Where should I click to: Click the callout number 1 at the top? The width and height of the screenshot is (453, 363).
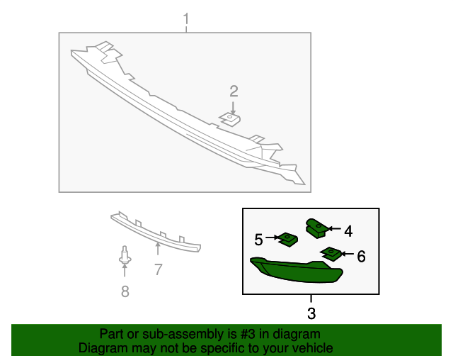[x=186, y=18]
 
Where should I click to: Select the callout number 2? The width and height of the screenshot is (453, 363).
[x=234, y=91]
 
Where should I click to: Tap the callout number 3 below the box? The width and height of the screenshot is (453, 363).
[x=311, y=313]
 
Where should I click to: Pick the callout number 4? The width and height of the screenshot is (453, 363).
[x=348, y=230]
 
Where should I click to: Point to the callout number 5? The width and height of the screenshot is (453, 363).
[x=258, y=239]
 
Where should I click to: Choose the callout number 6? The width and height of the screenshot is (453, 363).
[x=361, y=256]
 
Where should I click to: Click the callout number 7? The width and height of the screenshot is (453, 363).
[x=158, y=269]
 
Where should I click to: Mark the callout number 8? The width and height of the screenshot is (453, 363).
[x=125, y=291]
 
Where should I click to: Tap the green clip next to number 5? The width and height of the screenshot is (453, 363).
[x=287, y=240]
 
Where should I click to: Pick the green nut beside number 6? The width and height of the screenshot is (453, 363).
[x=330, y=252]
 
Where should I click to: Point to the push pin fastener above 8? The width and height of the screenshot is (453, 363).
[x=125, y=258]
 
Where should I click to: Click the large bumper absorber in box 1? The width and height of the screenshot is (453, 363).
[x=184, y=106]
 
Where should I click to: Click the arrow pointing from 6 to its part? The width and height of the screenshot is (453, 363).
[x=346, y=253]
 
